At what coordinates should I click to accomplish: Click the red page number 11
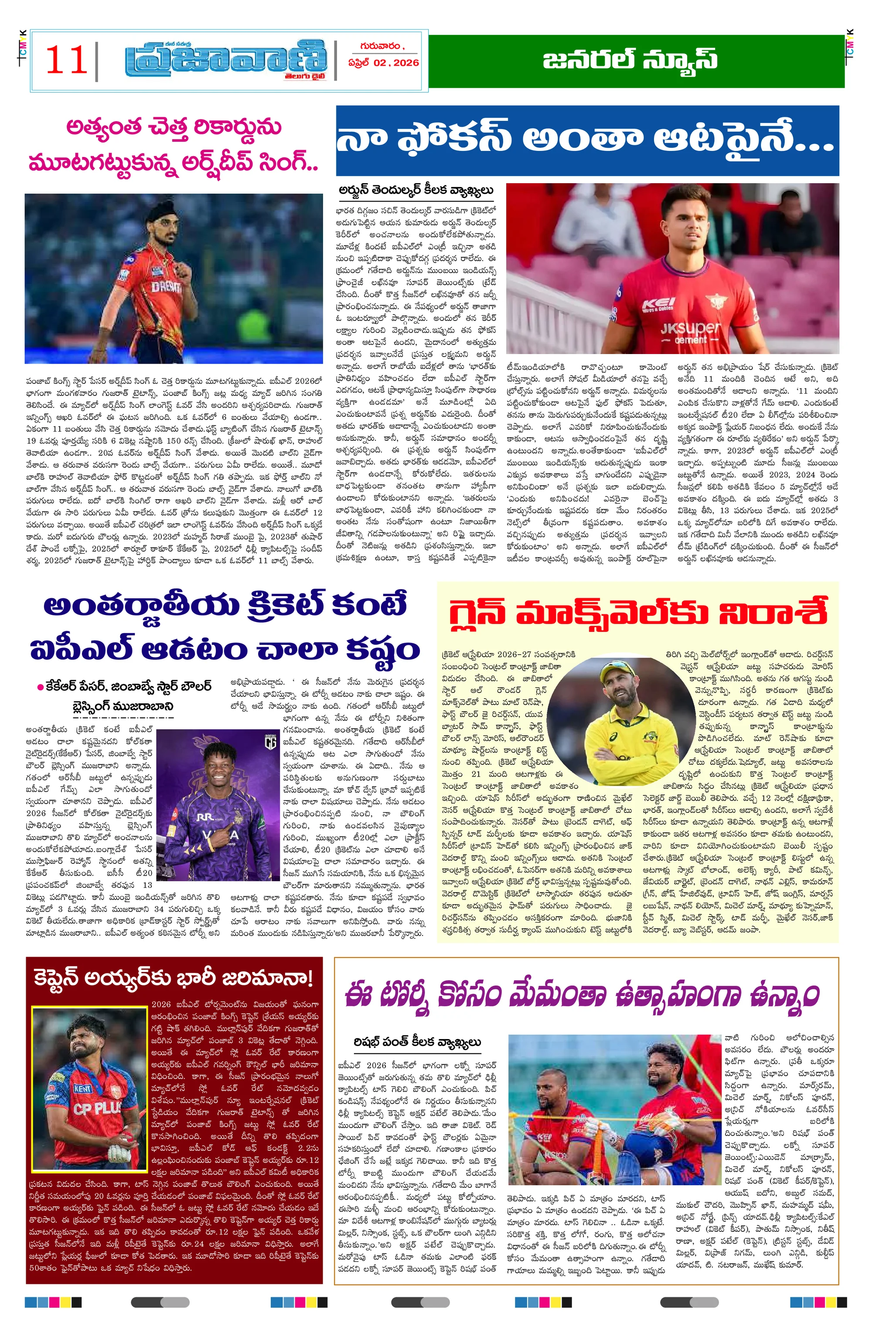pos(66,60)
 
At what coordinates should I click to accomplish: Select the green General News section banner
pos(636,61)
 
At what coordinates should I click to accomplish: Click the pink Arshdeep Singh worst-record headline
pos(174,145)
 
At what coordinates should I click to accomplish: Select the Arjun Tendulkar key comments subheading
pos(416,190)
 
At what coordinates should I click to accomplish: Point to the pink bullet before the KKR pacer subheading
pos(40,687)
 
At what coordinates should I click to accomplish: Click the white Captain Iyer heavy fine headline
pos(174,978)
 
